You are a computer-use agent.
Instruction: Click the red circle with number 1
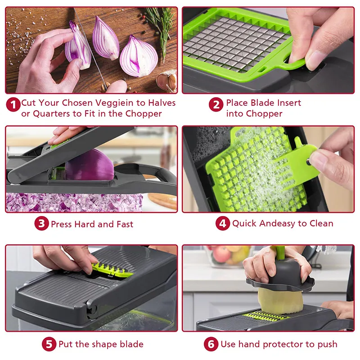(13, 104)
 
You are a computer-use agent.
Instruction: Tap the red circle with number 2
(216, 104)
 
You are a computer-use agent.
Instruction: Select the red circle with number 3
(41, 223)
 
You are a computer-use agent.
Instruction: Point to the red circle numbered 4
(223, 223)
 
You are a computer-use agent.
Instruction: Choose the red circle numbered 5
(49, 344)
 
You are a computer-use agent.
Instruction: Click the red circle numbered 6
(211, 344)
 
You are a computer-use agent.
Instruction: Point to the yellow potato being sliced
(281, 301)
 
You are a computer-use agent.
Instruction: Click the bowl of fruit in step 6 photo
(227, 256)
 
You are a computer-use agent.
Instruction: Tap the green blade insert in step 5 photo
(112, 270)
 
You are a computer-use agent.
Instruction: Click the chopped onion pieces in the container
(74, 202)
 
